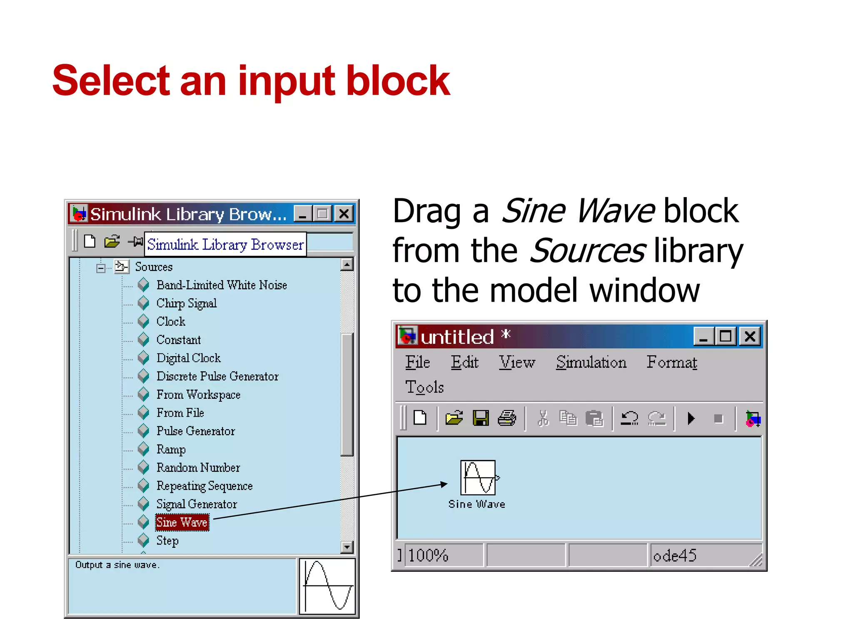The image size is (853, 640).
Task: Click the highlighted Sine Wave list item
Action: (x=182, y=522)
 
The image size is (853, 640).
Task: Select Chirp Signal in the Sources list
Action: (x=186, y=303)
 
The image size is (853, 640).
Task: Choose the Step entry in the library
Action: (x=167, y=541)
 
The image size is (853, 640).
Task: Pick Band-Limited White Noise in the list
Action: (x=222, y=285)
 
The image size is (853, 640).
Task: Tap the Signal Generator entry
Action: (x=197, y=504)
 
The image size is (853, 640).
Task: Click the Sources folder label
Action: (x=154, y=267)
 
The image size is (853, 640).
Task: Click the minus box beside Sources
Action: (x=101, y=268)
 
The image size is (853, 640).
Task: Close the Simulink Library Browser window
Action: (x=344, y=214)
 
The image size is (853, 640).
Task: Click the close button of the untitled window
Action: (x=750, y=336)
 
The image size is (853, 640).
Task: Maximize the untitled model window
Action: (x=726, y=336)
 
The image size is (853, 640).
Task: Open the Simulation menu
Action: (x=591, y=362)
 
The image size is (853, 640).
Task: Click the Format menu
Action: (x=671, y=362)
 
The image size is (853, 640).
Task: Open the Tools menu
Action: (x=424, y=387)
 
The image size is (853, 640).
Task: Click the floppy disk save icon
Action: (x=481, y=418)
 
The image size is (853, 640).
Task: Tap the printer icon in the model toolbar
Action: (x=507, y=418)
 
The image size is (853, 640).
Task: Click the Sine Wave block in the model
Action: (x=478, y=477)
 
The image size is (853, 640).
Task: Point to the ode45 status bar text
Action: (x=674, y=555)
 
